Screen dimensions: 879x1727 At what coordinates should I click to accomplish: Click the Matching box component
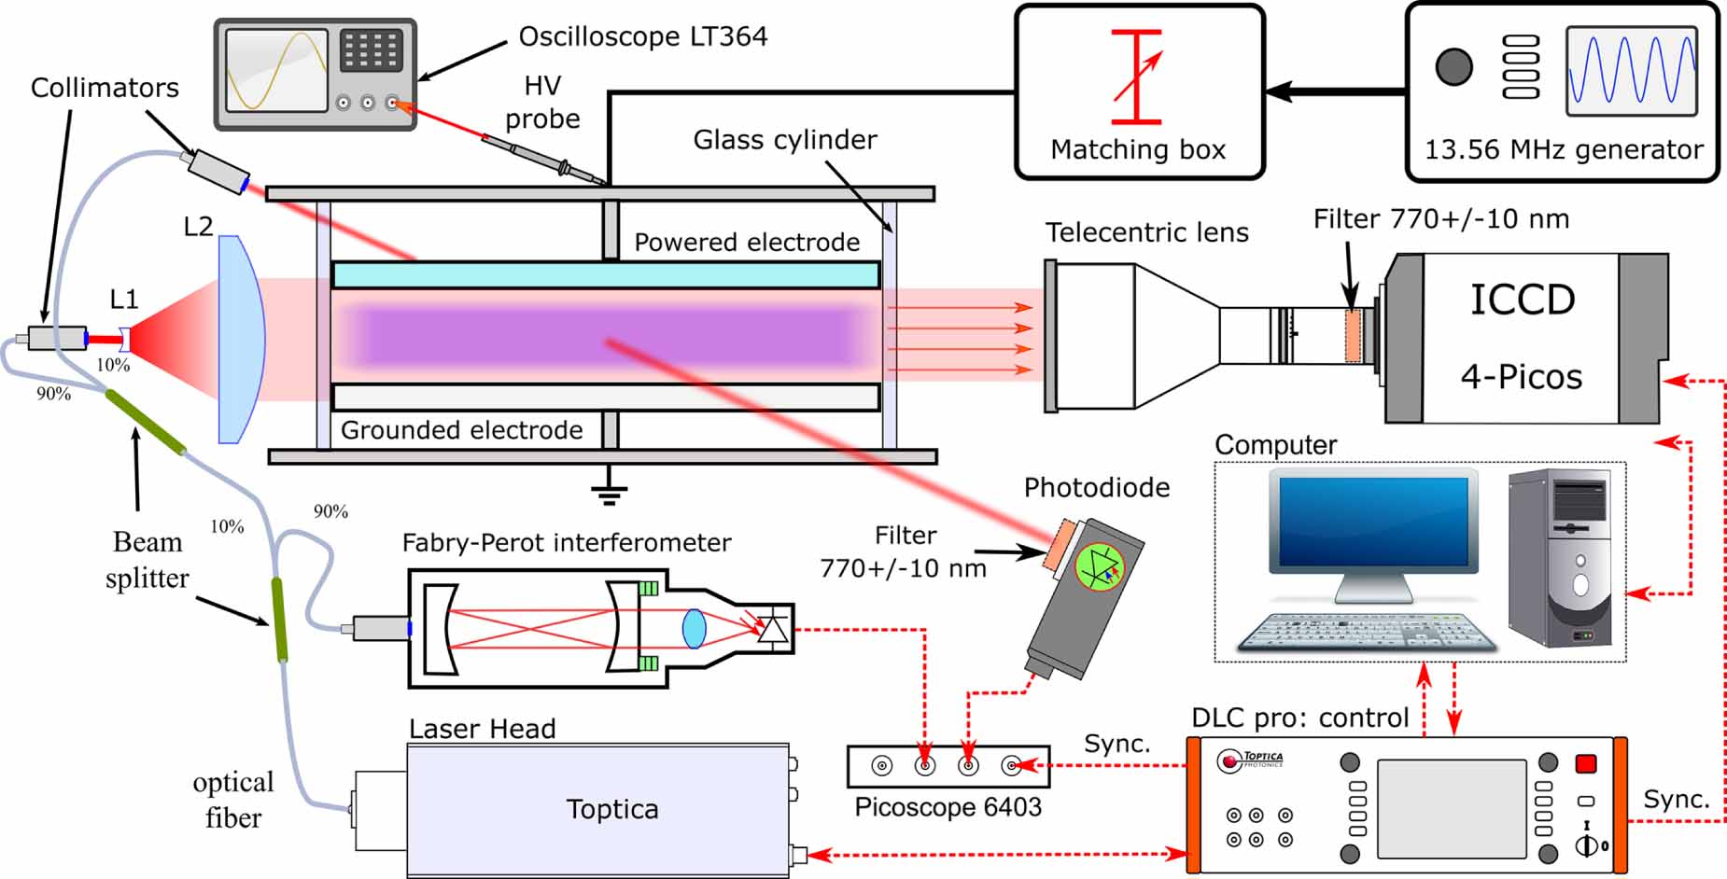[1139, 91]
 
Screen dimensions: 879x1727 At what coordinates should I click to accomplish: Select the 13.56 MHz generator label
[1564, 149]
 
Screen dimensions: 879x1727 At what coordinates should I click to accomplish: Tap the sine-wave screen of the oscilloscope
[276, 70]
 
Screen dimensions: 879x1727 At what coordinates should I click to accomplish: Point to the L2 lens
[241, 339]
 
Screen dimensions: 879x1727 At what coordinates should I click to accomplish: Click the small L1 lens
[125, 339]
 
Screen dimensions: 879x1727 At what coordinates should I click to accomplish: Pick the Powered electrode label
[747, 242]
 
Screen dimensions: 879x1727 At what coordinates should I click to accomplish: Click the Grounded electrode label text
[461, 430]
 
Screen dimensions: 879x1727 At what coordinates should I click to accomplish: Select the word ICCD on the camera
[1522, 300]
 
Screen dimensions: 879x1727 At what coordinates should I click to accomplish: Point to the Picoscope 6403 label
[948, 806]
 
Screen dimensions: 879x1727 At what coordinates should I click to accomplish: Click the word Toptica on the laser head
[612, 809]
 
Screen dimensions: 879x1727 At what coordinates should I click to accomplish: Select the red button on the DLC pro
[1585, 764]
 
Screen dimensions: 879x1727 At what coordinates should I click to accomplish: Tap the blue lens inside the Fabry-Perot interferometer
[694, 628]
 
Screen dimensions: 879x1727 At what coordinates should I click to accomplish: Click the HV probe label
[542, 102]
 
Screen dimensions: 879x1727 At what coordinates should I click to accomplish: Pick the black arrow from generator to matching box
[1335, 91]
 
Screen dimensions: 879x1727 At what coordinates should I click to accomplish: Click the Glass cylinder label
[784, 140]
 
